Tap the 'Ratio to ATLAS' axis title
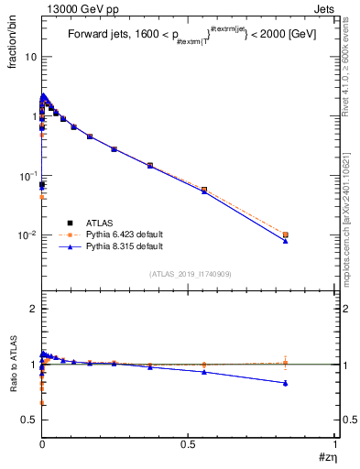point(11,366)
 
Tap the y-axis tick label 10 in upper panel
point(29,57)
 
